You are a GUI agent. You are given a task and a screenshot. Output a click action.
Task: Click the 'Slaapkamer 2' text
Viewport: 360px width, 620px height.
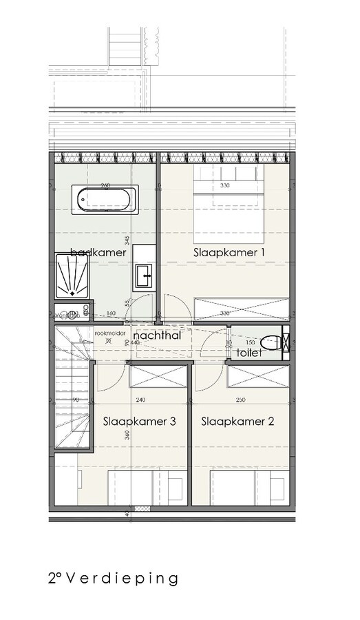click(x=233, y=422)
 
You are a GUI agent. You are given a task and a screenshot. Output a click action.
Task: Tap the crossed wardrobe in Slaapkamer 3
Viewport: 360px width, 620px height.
click(x=158, y=377)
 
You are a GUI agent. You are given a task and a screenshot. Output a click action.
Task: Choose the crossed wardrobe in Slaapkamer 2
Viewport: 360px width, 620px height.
click(x=258, y=377)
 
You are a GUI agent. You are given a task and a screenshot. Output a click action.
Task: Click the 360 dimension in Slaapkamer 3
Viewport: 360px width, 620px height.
click(x=127, y=435)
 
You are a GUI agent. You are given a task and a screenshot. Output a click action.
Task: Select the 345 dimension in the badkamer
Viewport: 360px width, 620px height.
click(x=127, y=240)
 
